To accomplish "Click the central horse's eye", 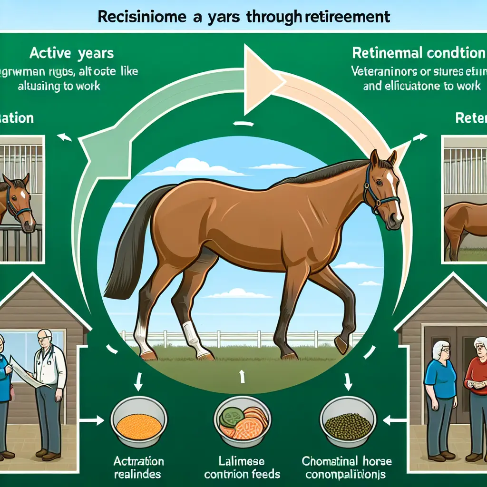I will tap(382, 183).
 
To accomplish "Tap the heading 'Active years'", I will tap(71, 53).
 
